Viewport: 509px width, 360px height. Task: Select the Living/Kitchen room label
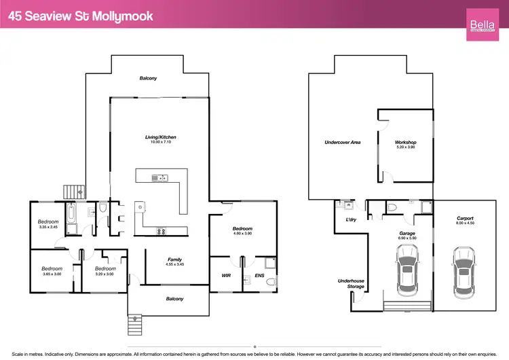tap(161, 137)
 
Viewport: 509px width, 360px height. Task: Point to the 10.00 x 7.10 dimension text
tap(161, 143)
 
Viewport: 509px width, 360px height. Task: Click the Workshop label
tap(405, 143)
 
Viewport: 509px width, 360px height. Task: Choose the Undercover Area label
tap(342, 143)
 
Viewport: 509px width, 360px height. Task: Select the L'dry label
tap(351, 220)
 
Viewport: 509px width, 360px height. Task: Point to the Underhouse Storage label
tap(351, 283)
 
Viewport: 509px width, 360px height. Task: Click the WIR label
tap(226, 276)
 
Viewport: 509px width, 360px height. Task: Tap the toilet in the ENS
tap(270, 281)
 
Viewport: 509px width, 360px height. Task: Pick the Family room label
tap(174, 259)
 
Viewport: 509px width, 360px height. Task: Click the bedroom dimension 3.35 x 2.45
tap(48, 228)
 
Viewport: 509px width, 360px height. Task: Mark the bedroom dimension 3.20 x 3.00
tap(105, 274)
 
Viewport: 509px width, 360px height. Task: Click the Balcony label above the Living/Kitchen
tap(148, 78)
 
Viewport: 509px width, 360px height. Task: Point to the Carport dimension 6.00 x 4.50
tap(464, 223)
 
